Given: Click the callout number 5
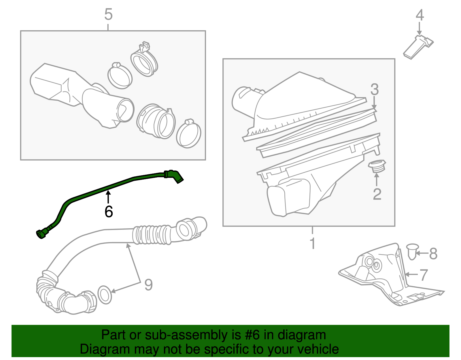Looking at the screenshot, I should pos(108,14).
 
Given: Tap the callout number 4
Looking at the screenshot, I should pos(420,15).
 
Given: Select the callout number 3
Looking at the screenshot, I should pos(374,90).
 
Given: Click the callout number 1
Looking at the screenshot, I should pos(313,244).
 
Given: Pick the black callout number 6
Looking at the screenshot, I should pos(109,212).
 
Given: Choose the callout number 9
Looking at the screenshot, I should pos(148,285).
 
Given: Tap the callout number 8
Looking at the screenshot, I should pos(433,254).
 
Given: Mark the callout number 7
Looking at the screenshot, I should pos(424,275).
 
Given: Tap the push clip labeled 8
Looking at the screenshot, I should pos(412,251).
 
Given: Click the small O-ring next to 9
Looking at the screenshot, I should pos(105,295).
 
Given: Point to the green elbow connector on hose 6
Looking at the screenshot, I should pos(174,176).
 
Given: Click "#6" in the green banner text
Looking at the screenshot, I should pos(252,335).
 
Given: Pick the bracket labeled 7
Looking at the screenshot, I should pos(386,277).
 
